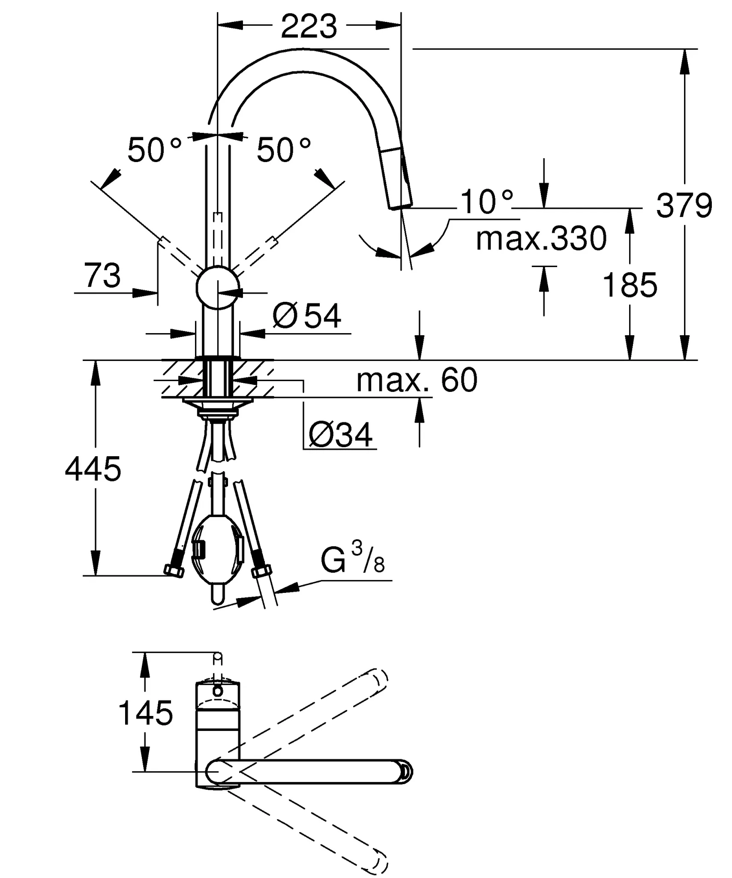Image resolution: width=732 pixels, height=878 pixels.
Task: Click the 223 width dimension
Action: click(309, 27)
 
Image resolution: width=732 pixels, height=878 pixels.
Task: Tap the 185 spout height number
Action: click(630, 285)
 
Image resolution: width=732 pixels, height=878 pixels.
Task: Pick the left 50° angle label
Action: click(154, 150)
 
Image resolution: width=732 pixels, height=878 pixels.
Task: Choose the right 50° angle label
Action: click(283, 150)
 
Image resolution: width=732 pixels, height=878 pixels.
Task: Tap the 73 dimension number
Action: click(102, 276)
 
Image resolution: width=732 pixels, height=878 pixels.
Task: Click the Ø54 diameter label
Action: click(307, 316)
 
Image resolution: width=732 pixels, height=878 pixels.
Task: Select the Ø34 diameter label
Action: click(341, 435)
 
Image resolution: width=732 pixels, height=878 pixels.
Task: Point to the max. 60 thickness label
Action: click(417, 380)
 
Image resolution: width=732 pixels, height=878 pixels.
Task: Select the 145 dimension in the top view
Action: click(145, 713)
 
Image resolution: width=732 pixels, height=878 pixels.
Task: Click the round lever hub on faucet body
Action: click(218, 287)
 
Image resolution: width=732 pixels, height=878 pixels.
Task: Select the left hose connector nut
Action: click(174, 571)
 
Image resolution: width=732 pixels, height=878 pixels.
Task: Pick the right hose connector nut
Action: click(261, 571)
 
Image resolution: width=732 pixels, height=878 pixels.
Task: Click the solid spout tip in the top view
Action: click(405, 772)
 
